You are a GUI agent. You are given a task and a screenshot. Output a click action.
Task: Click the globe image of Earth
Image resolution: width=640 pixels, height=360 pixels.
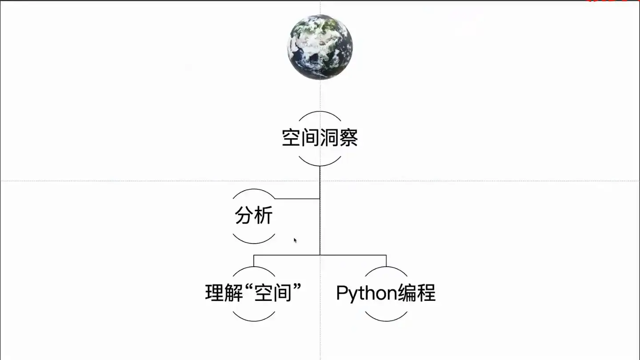click(x=320, y=47)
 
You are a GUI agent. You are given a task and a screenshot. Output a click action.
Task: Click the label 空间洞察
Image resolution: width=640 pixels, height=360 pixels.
click(x=320, y=138)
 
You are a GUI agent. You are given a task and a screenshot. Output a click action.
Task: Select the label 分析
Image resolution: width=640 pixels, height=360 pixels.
click(x=254, y=216)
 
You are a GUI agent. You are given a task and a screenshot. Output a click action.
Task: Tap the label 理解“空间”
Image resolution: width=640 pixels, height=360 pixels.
click(x=254, y=293)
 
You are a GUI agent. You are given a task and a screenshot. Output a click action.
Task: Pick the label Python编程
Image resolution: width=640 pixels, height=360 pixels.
click(x=386, y=293)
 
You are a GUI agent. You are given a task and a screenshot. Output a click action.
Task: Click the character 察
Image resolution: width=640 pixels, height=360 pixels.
click(x=348, y=138)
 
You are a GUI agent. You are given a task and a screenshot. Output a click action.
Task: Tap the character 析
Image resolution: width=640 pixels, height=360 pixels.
click(x=264, y=216)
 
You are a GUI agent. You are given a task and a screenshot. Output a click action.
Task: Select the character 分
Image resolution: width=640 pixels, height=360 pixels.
click(x=244, y=216)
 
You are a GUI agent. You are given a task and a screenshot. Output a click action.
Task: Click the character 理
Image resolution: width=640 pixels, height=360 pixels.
click(x=215, y=293)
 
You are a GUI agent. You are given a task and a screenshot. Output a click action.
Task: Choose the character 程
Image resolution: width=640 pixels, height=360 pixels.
click(x=426, y=293)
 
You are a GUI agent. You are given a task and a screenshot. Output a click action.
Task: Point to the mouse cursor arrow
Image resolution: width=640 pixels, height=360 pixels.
click(x=295, y=240)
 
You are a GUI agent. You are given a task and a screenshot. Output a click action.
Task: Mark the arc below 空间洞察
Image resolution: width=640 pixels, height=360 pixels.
click(x=320, y=165)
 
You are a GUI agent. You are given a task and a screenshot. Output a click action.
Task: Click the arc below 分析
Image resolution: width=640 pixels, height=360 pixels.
click(x=254, y=243)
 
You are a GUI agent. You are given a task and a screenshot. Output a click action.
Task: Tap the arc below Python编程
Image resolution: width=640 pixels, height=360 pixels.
click(x=386, y=320)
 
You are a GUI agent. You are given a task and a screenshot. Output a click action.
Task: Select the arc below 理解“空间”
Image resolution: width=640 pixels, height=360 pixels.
click(x=254, y=320)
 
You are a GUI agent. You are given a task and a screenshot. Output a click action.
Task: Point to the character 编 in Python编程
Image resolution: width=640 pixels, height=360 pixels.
click(x=407, y=293)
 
